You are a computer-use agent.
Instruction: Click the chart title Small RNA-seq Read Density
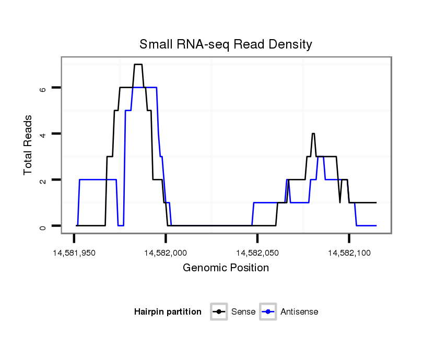click(226, 44)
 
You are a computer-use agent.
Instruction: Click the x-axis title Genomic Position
click(226, 268)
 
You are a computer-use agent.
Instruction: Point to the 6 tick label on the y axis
click(43, 88)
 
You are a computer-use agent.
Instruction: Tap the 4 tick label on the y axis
click(43, 134)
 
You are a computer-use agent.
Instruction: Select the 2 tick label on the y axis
click(43, 180)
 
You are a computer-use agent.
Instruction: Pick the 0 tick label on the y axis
click(43, 226)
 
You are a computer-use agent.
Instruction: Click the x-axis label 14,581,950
click(74, 253)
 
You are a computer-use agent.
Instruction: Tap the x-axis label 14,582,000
click(166, 253)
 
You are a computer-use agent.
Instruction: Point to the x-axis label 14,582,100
click(349, 253)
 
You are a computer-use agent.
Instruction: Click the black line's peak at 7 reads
click(138, 65)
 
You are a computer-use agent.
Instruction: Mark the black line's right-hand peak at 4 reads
click(313, 134)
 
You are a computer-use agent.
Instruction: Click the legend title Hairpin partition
click(168, 312)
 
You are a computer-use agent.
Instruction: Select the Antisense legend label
click(299, 312)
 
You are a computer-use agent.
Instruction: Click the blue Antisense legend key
click(268, 312)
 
